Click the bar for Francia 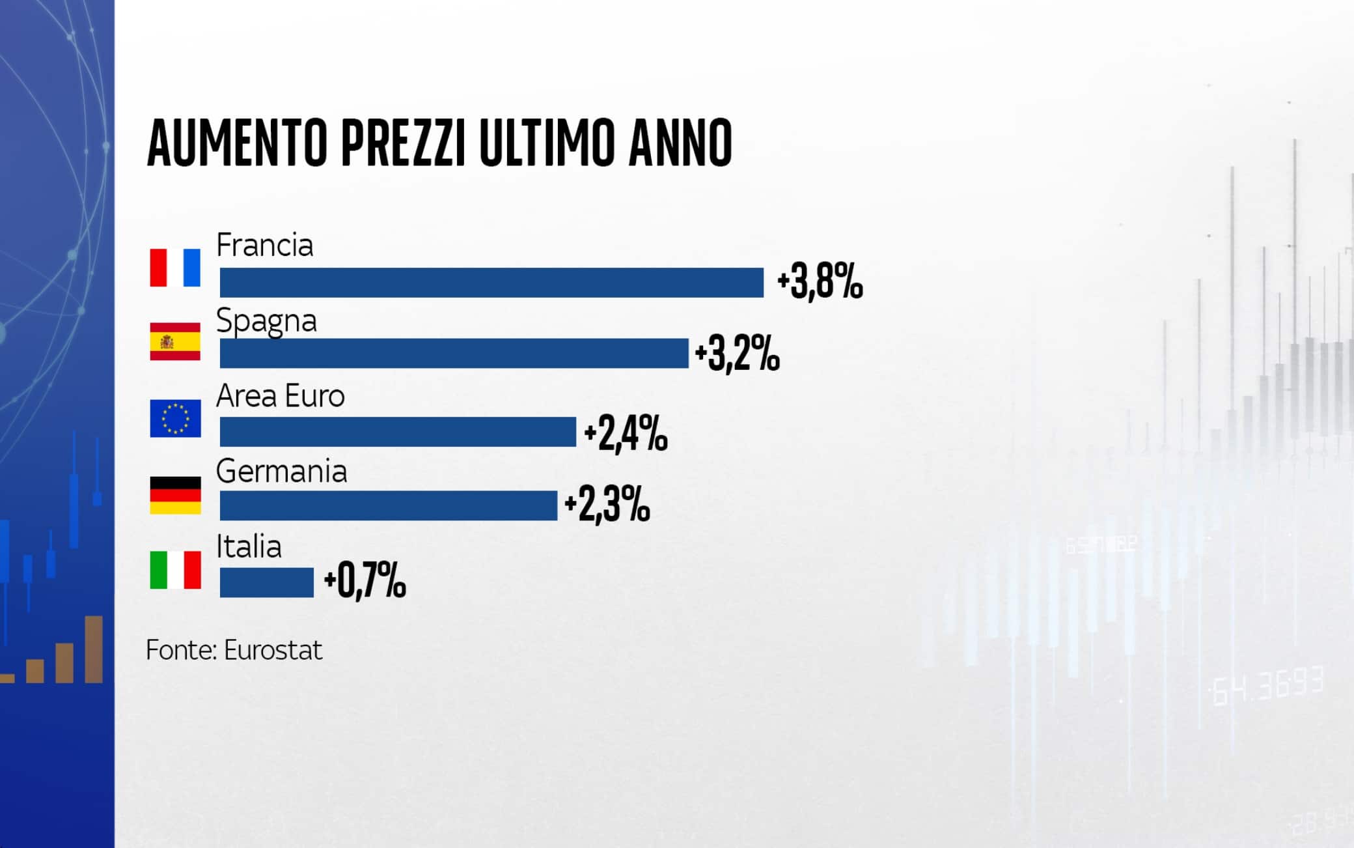pyautogui.click(x=491, y=283)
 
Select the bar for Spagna pyautogui.click(x=454, y=353)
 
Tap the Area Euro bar pyautogui.click(x=398, y=432)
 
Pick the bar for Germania pyautogui.click(x=388, y=505)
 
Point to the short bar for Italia pyautogui.click(x=266, y=582)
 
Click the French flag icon pyautogui.click(x=175, y=267)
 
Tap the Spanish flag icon pyautogui.click(x=175, y=341)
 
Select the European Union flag pyautogui.click(x=175, y=418)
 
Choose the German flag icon pyautogui.click(x=175, y=495)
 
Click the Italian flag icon pyautogui.click(x=175, y=570)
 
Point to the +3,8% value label pyautogui.click(x=820, y=283)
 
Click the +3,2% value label pyautogui.click(x=737, y=355)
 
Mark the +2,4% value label pyautogui.click(x=626, y=434)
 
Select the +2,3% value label pyautogui.click(x=607, y=505)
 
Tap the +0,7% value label pyautogui.click(x=365, y=581)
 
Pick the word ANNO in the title pyautogui.click(x=680, y=143)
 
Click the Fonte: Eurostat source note pyautogui.click(x=234, y=650)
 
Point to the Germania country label pyautogui.click(x=281, y=471)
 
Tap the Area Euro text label pyautogui.click(x=280, y=396)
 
